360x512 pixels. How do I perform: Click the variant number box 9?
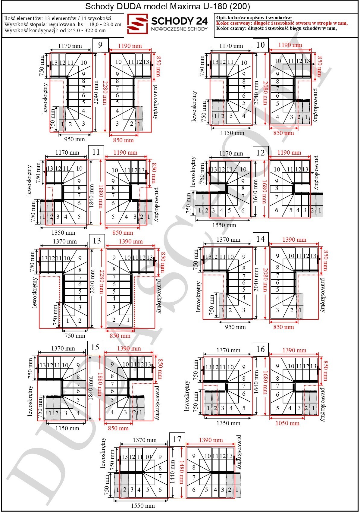(100, 45)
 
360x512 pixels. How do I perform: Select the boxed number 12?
(261, 153)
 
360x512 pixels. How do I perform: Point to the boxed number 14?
(261, 239)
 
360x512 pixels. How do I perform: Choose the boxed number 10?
(261, 45)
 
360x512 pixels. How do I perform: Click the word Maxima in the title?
(185, 6)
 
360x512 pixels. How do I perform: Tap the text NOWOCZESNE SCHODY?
(179, 29)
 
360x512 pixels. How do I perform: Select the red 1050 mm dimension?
(287, 423)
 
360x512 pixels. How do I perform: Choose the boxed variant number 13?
(97, 241)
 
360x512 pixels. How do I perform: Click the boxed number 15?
(95, 347)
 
